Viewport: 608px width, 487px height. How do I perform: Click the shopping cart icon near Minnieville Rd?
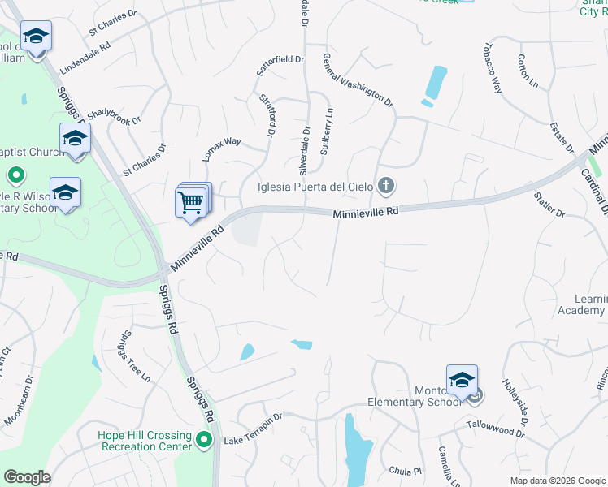pyautogui.click(x=190, y=203)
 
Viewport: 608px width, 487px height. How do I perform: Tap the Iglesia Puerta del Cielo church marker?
pyautogui.click(x=386, y=187)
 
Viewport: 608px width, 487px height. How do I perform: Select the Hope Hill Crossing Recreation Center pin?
pyautogui.click(x=205, y=441)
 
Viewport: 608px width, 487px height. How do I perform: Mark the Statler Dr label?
pyautogui.click(x=549, y=205)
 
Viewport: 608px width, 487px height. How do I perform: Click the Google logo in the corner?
pyautogui.click(x=27, y=477)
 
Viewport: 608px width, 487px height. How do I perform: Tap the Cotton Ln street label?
pyautogui.click(x=528, y=71)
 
